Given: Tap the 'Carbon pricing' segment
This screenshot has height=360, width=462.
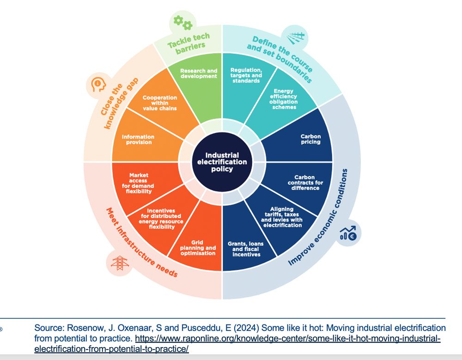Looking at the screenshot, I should pyautogui.click(x=310, y=139).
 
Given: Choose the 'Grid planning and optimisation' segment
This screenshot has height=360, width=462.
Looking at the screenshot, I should pyautogui.click(x=198, y=248).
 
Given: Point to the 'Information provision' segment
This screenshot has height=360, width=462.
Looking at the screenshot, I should pyautogui.click(x=138, y=139).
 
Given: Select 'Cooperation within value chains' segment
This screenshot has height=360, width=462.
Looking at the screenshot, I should pyautogui.click(x=160, y=103).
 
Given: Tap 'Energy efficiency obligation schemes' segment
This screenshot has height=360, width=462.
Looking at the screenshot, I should pyautogui.click(x=284, y=100).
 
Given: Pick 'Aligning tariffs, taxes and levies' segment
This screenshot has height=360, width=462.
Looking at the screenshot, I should pyautogui.click(x=282, y=216).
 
